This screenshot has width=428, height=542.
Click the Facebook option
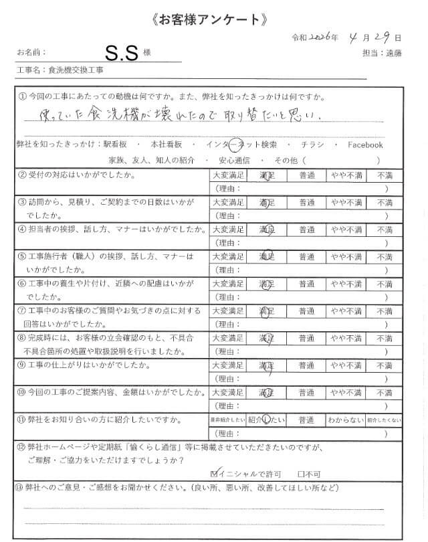click(365, 145)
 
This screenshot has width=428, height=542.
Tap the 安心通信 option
click(234, 161)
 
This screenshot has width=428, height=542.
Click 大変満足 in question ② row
click(228, 175)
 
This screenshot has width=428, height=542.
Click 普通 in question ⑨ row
click(307, 366)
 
